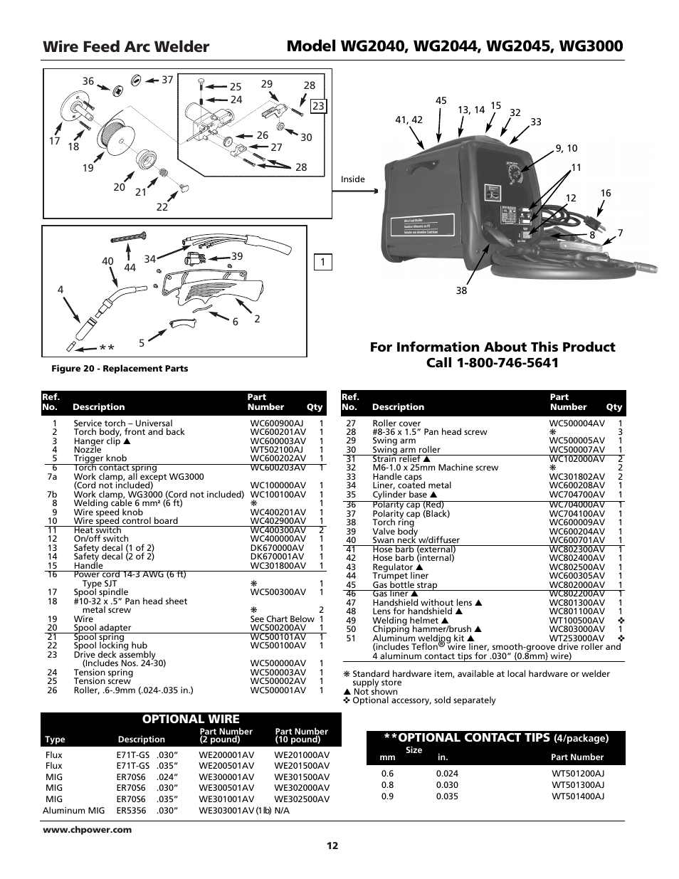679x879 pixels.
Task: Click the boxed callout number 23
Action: pyautogui.click(x=317, y=106)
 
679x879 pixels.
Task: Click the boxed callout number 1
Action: pyautogui.click(x=322, y=263)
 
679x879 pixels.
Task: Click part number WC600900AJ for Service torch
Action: pyautogui.click(x=276, y=423)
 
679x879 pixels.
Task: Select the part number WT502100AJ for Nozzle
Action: pyautogui.click(x=276, y=450)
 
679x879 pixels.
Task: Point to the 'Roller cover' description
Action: pyautogui.click(x=396, y=423)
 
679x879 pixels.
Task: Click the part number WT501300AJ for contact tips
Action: pyautogui.click(x=577, y=785)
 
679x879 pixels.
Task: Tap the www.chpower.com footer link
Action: pyautogui.click(x=77, y=829)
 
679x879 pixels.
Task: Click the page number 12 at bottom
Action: pyautogui.click(x=332, y=846)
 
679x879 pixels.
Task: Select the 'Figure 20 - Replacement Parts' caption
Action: pyautogui.click(x=120, y=369)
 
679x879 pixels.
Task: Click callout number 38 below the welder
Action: pyautogui.click(x=461, y=290)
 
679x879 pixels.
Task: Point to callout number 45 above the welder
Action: pyautogui.click(x=441, y=100)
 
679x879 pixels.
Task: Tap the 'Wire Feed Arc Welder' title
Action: pyautogui.click(x=126, y=47)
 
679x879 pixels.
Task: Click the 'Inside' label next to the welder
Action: pyautogui.click(x=352, y=179)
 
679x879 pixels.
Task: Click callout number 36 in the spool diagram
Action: pyautogui.click(x=88, y=81)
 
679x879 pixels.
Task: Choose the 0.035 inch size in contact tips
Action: pyautogui.click(x=447, y=796)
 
